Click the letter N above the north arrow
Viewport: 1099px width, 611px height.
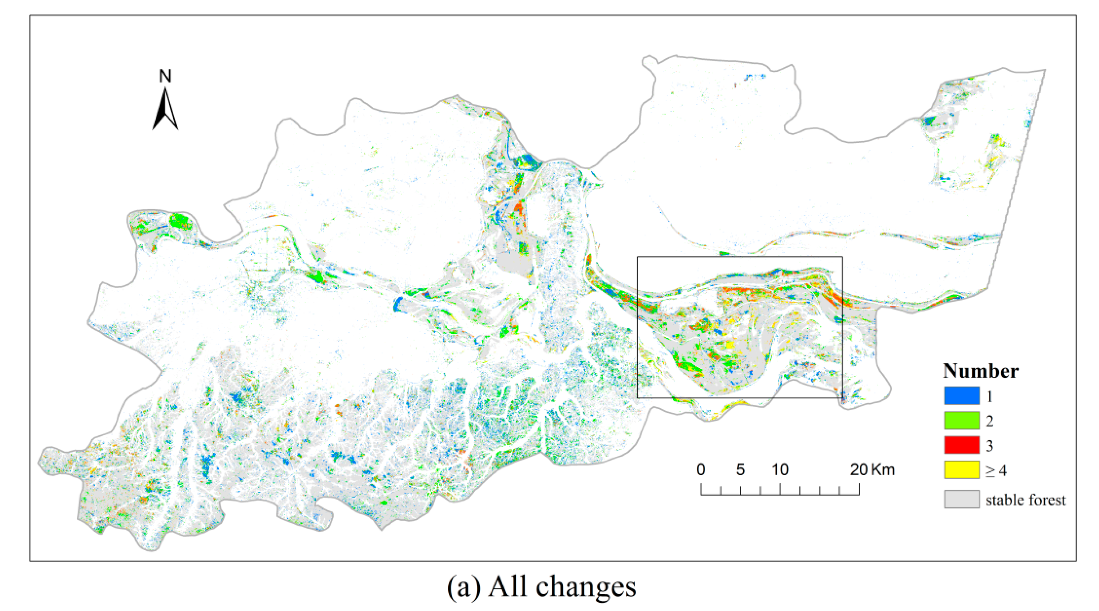tap(165, 76)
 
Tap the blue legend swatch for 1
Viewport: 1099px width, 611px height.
tap(961, 396)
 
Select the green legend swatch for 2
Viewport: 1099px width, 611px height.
tap(961, 421)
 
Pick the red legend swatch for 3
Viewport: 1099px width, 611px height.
tap(961, 445)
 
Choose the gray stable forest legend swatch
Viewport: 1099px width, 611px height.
tap(961, 499)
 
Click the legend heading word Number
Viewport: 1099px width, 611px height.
tap(980, 371)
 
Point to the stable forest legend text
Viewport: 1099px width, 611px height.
tap(1025, 500)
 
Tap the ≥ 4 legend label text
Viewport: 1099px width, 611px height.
tap(996, 471)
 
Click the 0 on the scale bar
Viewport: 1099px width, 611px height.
tap(701, 470)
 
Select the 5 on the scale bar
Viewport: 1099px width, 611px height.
tap(740, 470)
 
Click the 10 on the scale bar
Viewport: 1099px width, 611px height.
tap(780, 470)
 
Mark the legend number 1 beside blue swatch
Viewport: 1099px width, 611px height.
tap(989, 397)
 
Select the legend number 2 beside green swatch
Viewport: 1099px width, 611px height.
tap(989, 421)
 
